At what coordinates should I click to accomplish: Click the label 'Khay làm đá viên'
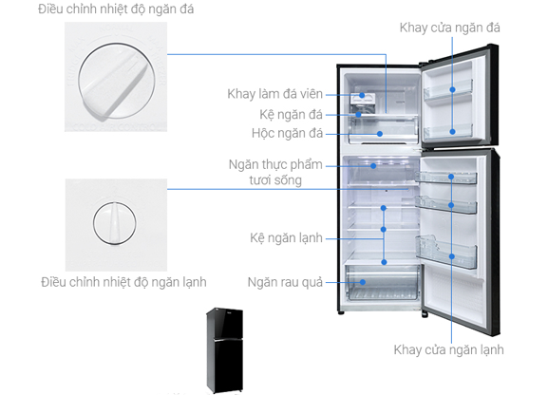[274, 94]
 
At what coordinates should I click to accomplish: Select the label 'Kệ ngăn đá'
[291, 115]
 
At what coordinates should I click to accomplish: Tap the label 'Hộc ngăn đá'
[287, 133]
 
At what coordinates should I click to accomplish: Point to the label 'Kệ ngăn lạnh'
[286, 237]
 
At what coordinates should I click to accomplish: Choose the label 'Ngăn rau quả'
[285, 282]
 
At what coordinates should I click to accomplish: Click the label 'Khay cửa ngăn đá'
[450, 28]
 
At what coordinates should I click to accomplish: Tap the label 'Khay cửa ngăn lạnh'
[448, 349]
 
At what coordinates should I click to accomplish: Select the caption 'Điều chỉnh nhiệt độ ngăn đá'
[116, 9]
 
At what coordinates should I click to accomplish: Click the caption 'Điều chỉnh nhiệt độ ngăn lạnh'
[123, 282]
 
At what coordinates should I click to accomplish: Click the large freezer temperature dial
[117, 81]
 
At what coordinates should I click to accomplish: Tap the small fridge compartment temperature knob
[115, 223]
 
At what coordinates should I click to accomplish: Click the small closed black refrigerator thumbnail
[224, 350]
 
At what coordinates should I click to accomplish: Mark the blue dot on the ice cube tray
[362, 95]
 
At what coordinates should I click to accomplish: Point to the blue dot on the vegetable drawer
[363, 282]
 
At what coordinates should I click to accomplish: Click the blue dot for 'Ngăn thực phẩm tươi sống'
[373, 166]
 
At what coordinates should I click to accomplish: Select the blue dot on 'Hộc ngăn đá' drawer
[380, 134]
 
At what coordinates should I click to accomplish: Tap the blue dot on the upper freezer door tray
[452, 90]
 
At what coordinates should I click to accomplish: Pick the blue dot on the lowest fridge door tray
[451, 256]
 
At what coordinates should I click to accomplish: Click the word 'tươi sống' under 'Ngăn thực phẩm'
[275, 180]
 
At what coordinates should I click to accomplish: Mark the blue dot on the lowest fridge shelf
[384, 262]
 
